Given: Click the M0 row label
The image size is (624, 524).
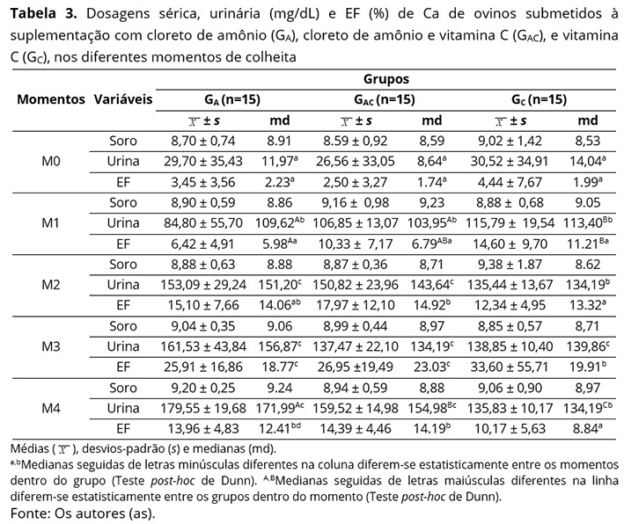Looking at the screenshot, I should (x=50, y=162).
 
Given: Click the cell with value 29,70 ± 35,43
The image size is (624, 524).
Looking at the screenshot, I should (x=203, y=162).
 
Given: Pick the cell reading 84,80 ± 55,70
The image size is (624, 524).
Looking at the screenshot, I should (x=203, y=223).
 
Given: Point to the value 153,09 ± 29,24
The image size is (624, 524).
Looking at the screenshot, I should (x=203, y=284).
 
